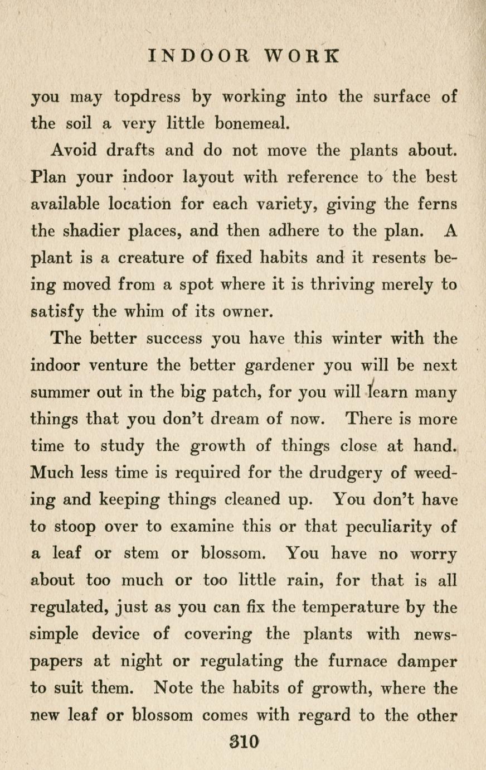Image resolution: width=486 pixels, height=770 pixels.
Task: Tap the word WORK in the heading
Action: pyautogui.click(x=301, y=56)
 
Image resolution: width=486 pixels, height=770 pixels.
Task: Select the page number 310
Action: pyautogui.click(x=244, y=742)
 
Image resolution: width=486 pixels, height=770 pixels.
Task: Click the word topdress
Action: pyautogui.click(x=147, y=98)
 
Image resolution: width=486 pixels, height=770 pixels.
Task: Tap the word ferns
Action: pyautogui.click(x=436, y=204)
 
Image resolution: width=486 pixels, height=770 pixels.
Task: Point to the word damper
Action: pyautogui.click(x=430, y=661)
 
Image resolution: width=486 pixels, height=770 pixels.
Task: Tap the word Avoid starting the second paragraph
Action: pyautogui.click(x=74, y=151)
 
